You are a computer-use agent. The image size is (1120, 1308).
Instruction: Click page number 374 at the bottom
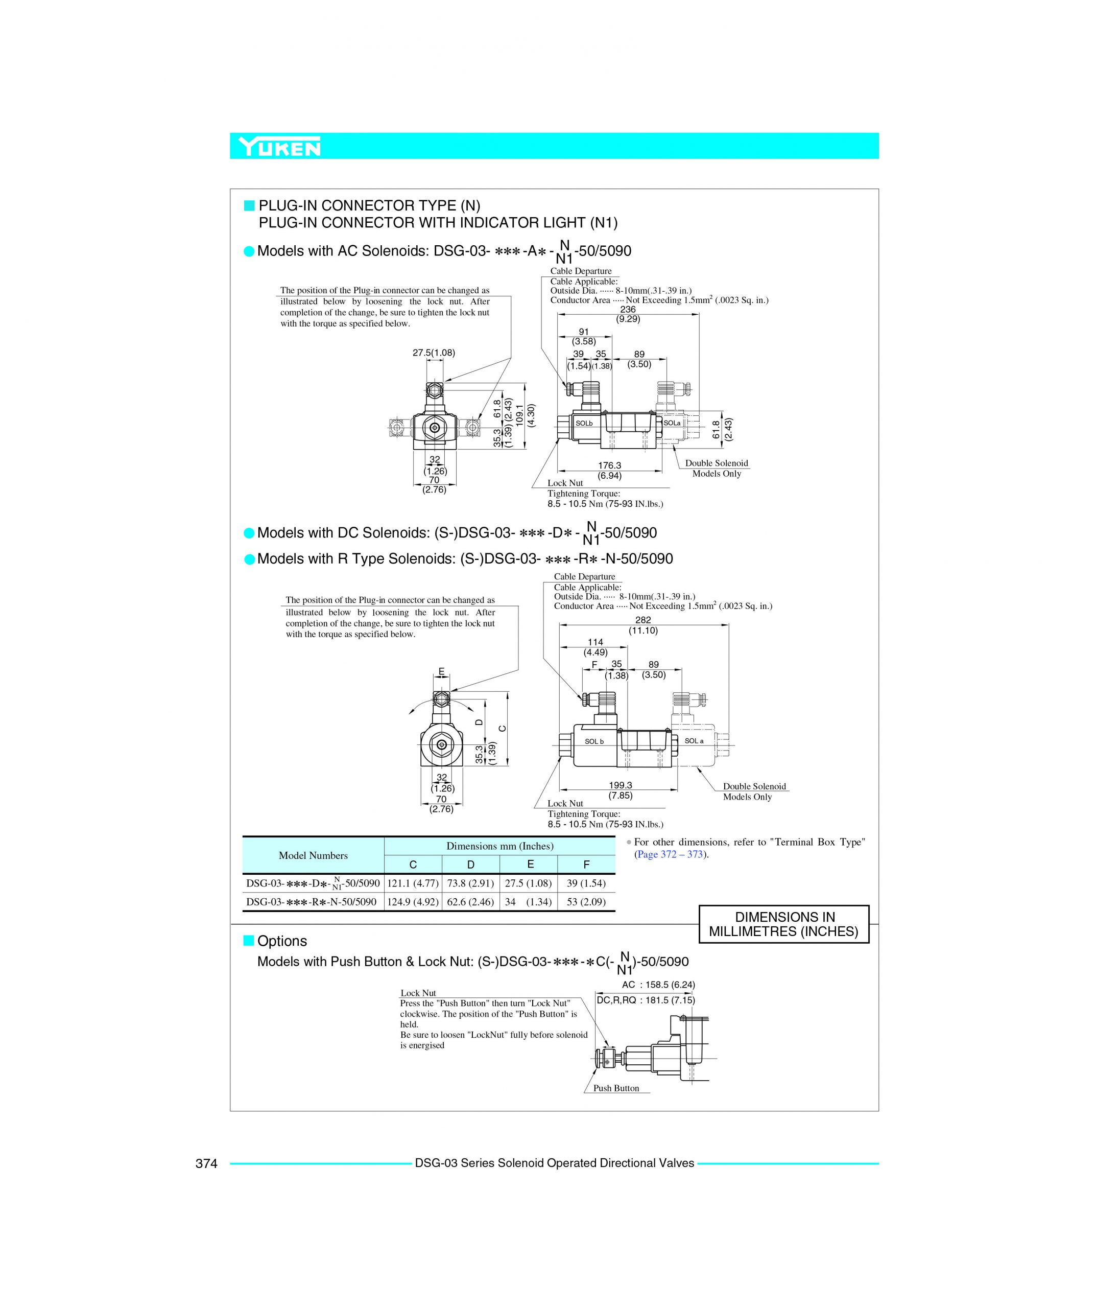click(x=206, y=1163)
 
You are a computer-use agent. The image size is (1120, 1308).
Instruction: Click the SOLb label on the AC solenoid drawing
click(x=584, y=423)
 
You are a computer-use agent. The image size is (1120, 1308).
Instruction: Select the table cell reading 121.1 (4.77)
click(x=413, y=883)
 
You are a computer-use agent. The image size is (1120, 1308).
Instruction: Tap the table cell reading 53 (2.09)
click(x=586, y=901)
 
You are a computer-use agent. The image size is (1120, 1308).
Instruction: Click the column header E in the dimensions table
click(x=530, y=864)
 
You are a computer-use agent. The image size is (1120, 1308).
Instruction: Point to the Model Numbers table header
click(x=313, y=855)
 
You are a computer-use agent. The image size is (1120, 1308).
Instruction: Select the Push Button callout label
click(x=616, y=1088)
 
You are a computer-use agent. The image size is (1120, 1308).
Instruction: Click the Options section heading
click(x=281, y=941)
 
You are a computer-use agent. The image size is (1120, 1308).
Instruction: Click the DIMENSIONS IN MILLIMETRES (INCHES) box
click(x=783, y=924)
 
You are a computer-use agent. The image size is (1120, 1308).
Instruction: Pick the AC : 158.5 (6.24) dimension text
click(x=658, y=984)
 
